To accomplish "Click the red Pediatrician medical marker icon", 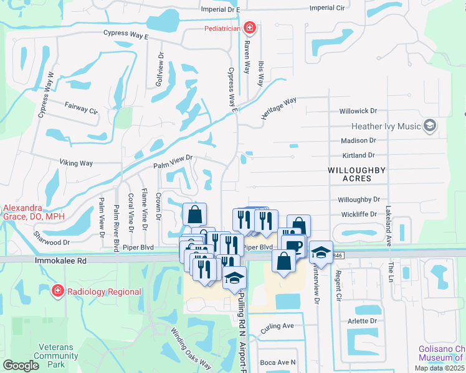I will click(249, 27).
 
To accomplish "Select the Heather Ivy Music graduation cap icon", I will click(429, 126).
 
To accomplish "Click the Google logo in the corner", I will click(20, 366).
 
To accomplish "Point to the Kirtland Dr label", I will click(358, 155).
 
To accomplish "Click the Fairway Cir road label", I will click(82, 109).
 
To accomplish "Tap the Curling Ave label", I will click(277, 326).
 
